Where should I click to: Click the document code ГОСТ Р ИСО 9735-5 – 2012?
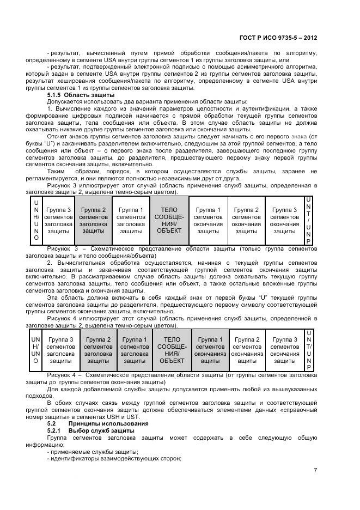(278, 38)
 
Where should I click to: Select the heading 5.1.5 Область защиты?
(77, 95)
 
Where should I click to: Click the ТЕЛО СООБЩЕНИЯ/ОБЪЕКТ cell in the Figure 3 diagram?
(169, 221)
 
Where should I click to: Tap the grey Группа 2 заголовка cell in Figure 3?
(93, 221)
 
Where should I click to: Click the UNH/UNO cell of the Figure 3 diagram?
(36, 221)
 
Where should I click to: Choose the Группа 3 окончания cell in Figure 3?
(284, 221)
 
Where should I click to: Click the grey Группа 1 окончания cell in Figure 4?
(210, 350)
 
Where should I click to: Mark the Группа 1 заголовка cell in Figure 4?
(135, 350)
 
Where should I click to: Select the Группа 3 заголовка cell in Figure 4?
(60, 350)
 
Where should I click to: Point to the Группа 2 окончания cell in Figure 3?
(246, 221)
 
